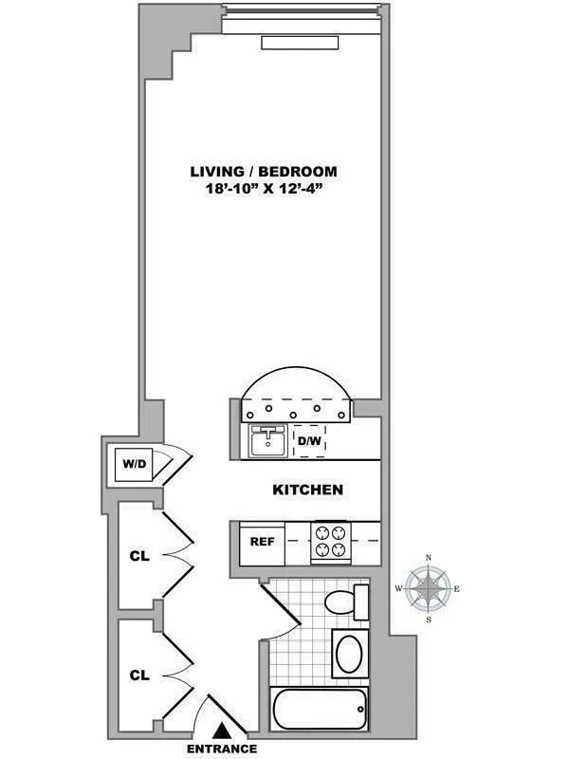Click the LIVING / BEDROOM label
(x=263, y=172)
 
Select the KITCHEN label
(x=307, y=491)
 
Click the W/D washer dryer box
(x=131, y=465)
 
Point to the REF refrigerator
(x=262, y=543)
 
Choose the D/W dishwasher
(x=309, y=441)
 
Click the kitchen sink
(x=269, y=441)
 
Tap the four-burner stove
(x=332, y=542)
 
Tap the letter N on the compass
(x=429, y=558)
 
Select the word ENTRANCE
(x=222, y=749)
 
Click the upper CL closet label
(x=139, y=556)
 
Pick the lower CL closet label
(x=139, y=676)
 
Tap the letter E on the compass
(x=458, y=590)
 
